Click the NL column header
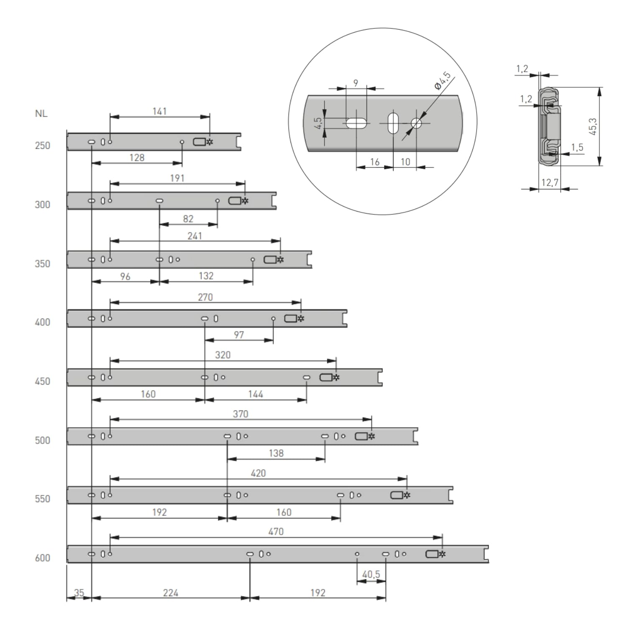tap(41, 113)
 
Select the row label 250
tap(42, 145)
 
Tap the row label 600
tap(42, 558)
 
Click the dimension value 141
tap(159, 111)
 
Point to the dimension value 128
tap(137, 158)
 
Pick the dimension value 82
tap(188, 219)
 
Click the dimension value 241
tap(195, 236)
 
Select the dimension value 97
tap(239, 335)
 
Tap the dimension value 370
tap(240, 414)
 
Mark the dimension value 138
tap(276, 453)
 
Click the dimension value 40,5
tap(371, 574)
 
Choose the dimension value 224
tap(171, 593)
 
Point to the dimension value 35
tap(79, 593)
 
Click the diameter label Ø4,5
tap(443, 81)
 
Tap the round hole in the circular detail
tap(416, 123)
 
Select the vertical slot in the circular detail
tap(393, 123)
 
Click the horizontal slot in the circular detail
tap(357, 123)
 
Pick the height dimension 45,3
tap(593, 126)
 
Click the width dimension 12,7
tap(550, 182)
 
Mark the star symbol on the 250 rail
tap(210, 142)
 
